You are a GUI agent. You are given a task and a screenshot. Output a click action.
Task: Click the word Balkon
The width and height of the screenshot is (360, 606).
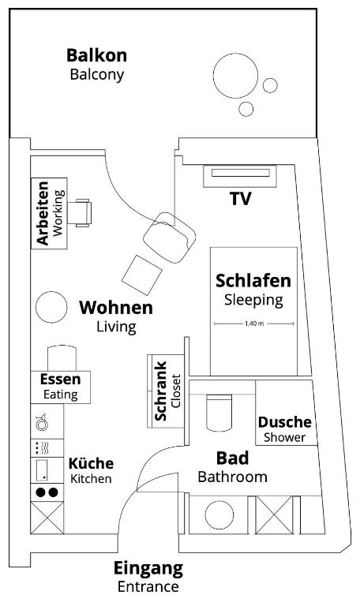pyautogui.click(x=96, y=55)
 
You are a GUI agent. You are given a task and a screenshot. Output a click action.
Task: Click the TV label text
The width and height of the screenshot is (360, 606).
pyautogui.click(x=241, y=199)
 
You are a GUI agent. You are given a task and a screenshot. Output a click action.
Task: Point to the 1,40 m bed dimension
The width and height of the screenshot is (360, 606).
pyautogui.click(x=254, y=324)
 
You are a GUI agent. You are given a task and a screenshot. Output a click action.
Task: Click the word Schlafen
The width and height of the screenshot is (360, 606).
pyautogui.click(x=253, y=281)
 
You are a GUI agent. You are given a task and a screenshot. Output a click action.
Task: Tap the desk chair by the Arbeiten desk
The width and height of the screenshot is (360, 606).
pyautogui.click(x=80, y=212)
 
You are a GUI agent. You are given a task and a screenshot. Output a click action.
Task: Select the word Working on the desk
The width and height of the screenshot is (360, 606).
pyautogui.click(x=58, y=213)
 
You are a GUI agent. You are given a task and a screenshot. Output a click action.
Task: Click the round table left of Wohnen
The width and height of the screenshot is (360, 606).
pyautogui.click(x=51, y=307)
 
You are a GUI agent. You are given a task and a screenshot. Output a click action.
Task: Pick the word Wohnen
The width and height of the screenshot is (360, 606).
pyautogui.click(x=116, y=308)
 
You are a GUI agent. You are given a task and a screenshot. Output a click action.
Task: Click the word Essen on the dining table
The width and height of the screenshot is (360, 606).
pyautogui.click(x=60, y=379)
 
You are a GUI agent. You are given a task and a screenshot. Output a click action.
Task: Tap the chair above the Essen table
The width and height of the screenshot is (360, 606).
pyautogui.click(x=62, y=358)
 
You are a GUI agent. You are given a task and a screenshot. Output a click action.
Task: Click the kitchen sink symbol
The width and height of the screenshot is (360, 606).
pyautogui.click(x=41, y=422)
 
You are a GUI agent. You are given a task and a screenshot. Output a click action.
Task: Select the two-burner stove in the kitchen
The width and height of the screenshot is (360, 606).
pyautogui.click(x=47, y=492)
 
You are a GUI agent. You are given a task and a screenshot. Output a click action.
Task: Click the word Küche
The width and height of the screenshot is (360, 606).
pyautogui.click(x=92, y=463)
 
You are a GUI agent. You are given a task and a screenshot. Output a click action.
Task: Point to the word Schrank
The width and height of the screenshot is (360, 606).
pyautogui.click(x=160, y=391)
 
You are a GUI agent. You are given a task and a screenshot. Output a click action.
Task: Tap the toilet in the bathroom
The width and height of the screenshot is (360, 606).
pyautogui.click(x=219, y=413)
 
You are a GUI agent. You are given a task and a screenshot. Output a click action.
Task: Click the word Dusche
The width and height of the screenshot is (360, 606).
pyautogui.click(x=284, y=422)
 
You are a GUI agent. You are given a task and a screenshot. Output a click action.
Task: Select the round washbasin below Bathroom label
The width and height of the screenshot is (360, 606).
pyautogui.click(x=219, y=514)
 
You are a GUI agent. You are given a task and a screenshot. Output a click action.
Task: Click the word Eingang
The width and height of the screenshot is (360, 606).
pyautogui.click(x=148, y=568)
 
